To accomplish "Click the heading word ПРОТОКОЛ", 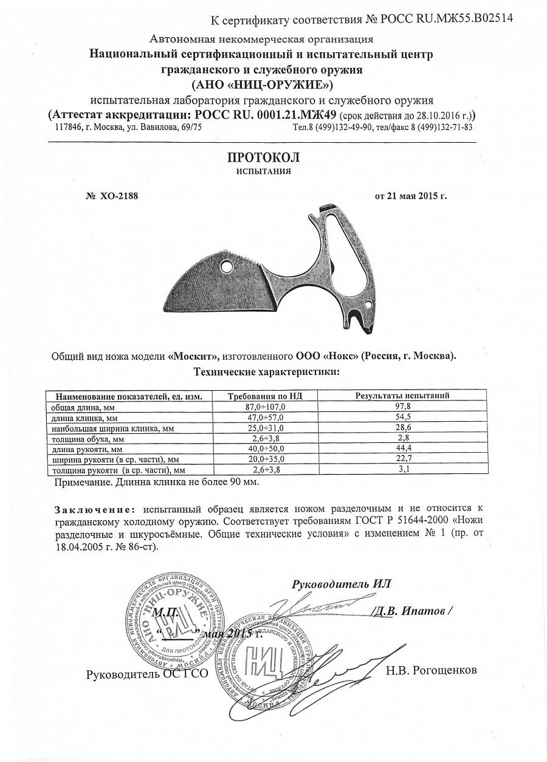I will [x=263, y=157].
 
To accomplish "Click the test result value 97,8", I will [x=402, y=407].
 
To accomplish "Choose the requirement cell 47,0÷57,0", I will [x=264, y=417].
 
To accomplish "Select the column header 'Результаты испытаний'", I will [x=402, y=396].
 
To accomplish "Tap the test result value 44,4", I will [x=402, y=449].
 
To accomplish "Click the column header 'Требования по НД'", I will [x=264, y=396].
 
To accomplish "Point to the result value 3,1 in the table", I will [x=402, y=470].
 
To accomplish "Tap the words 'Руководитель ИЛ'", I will [x=342, y=584].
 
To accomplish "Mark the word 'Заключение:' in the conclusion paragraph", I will [x=94, y=509].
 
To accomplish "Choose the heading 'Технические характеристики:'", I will [x=266, y=371].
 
